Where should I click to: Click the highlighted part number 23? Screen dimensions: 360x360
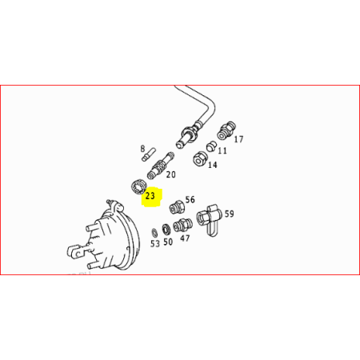tap(150, 196)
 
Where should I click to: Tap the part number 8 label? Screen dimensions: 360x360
tap(143, 149)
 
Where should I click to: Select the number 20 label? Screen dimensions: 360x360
tap(171, 174)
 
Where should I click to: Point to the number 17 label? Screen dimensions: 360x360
tap(238, 139)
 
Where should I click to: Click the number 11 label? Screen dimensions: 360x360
tap(222, 150)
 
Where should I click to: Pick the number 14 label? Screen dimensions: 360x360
tap(213, 165)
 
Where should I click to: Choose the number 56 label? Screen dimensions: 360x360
tap(190, 199)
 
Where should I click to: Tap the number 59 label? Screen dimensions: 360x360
tap(230, 214)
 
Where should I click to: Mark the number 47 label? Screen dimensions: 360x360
tap(185, 238)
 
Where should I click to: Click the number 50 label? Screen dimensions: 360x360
tap(168, 242)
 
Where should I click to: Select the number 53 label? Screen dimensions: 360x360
tap(155, 243)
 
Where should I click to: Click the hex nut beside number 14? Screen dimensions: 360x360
tap(200, 158)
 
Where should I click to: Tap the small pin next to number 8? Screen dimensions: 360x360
tap(149, 154)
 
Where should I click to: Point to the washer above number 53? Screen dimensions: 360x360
tap(154, 233)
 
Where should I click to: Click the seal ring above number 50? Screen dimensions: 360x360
tap(166, 229)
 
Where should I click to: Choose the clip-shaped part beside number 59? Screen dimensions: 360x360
tap(210, 219)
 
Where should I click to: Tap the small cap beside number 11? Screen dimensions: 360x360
tap(211, 146)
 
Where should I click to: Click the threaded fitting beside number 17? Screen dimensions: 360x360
tap(226, 130)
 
